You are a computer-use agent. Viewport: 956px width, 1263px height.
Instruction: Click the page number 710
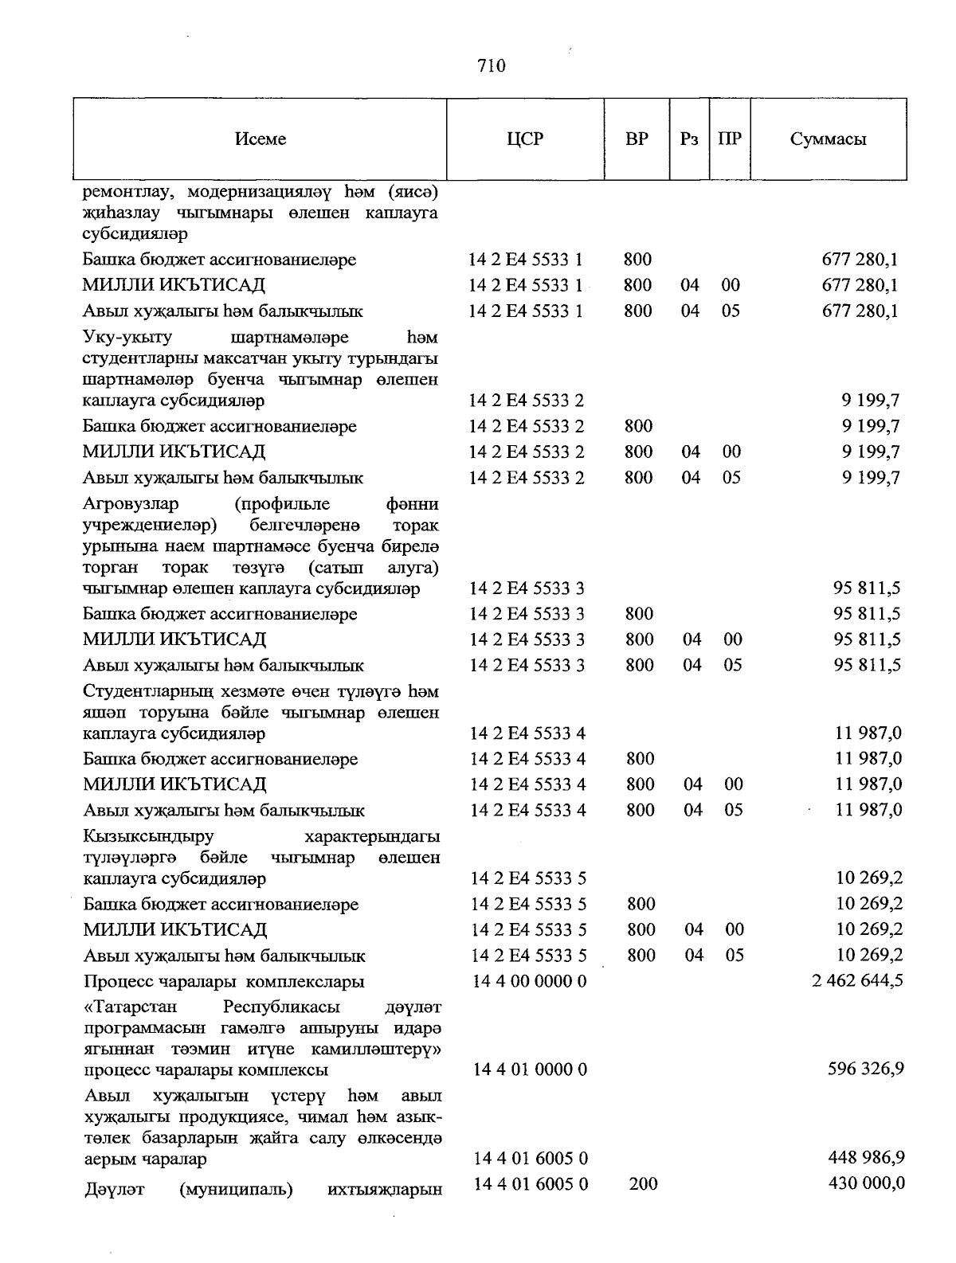pos(492,66)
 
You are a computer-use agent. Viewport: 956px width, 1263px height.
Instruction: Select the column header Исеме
pos(261,139)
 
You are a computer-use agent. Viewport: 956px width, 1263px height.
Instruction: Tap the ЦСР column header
pos(525,139)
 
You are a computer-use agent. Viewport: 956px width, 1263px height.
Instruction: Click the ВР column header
pos(637,139)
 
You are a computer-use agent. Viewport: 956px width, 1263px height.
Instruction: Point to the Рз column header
pos(689,139)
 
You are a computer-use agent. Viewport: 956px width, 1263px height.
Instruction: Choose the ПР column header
pos(729,139)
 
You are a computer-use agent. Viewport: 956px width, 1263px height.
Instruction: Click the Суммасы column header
pos(828,139)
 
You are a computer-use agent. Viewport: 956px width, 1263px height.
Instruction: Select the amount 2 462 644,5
pos(857,981)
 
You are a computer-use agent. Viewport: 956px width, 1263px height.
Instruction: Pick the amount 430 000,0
pos(867,1184)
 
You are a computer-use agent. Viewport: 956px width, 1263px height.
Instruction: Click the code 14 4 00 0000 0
pos(529,981)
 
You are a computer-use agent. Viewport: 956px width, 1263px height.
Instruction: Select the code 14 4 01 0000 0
pos(530,1069)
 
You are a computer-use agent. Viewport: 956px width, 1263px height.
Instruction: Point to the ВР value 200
pos(643,1184)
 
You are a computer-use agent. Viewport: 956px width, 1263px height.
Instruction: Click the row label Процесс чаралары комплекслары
pos(224,981)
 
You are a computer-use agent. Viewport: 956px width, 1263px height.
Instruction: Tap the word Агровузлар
pos(131,504)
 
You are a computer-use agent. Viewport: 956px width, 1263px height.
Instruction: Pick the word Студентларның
pos(152,691)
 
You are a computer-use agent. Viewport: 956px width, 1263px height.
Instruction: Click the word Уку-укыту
pos(127,338)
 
